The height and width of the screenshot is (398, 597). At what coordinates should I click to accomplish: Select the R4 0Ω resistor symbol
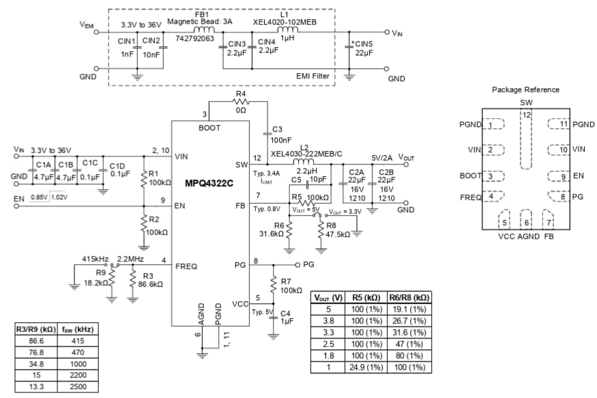click(239, 101)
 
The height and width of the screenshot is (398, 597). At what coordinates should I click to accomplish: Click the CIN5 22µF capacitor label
click(363, 48)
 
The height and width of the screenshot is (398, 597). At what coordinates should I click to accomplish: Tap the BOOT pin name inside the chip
click(209, 128)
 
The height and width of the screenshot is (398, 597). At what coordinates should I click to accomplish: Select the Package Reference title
click(525, 89)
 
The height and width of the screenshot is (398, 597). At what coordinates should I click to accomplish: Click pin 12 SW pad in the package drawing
click(526, 140)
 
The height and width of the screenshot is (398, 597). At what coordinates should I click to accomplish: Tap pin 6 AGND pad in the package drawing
click(526, 221)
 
